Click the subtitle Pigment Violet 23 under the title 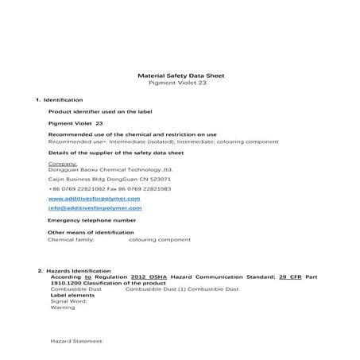pyautogui.click(x=181, y=83)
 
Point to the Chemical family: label pyautogui.click(x=72, y=238)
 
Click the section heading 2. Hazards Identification pyautogui.click(x=79, y=271)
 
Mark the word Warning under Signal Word pyautogui.click(x=62, y=307)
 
